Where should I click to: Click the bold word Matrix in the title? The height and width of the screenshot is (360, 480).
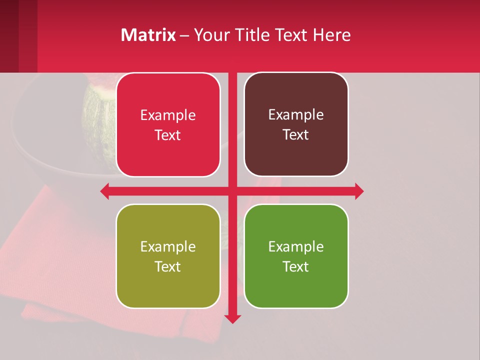point(148,35)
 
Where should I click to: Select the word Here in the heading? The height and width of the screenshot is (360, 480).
point(331,35)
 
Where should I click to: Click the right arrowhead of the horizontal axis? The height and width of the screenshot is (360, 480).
point(359,191)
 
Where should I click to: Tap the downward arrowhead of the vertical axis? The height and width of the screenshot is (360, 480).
point(232,318)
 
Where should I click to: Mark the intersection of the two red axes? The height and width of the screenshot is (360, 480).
point(232,191)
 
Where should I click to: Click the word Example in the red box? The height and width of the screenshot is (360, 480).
point(168,115)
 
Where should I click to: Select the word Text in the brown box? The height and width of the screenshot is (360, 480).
point(296,135)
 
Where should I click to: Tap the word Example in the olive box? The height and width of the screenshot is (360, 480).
point(168,246)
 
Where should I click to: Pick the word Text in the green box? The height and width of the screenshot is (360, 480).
point(296,266)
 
